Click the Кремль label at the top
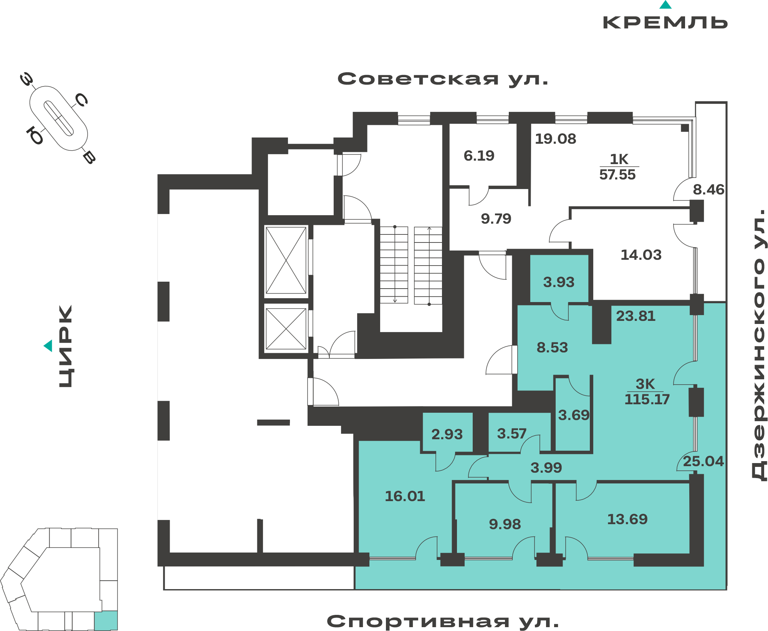click(x=665, y=23)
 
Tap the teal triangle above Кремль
click(x=665, y=5)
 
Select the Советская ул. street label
click(x=443, y=79)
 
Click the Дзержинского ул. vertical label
click(x=758, y=344)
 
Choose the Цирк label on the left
click(x=65, y=346)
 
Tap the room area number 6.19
click(x=479, y=156)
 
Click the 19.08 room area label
click(x=556, y=139)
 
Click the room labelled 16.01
click(x=405, y=496)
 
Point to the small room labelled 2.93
click(x=447, y=434)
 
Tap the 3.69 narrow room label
click(x=574, y=415)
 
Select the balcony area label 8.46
click(x=708, y=189)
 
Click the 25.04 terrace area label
click(x=703, y=461)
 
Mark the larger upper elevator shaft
click(x=286, y=261)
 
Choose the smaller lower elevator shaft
click(x=286, y=329)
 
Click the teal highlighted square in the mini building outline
click(x=106, y=620)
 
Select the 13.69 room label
click(x=627, y=519)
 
